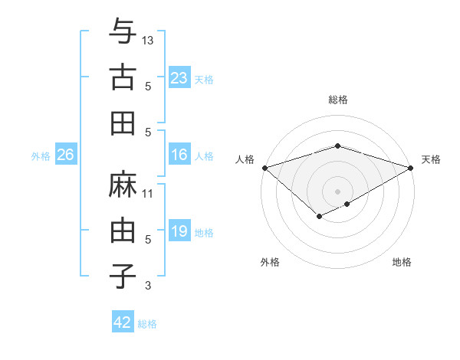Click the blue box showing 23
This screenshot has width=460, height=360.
[x=179, y=77]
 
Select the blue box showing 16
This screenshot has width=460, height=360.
[x=179, y=155]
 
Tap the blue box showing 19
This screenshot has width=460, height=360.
[x=179, y=231]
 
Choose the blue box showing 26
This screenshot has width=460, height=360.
[x=65, y=155]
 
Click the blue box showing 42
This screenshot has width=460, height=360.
[x=123, y=322]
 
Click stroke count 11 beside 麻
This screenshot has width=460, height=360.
[x=148, y=194]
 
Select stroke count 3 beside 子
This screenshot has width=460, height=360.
[x=148, y=286]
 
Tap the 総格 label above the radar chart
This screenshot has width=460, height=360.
[x=337, y=100]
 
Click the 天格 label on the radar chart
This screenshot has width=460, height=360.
[x=432, y=159]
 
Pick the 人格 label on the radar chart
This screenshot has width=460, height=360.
[x=245, y=159]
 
